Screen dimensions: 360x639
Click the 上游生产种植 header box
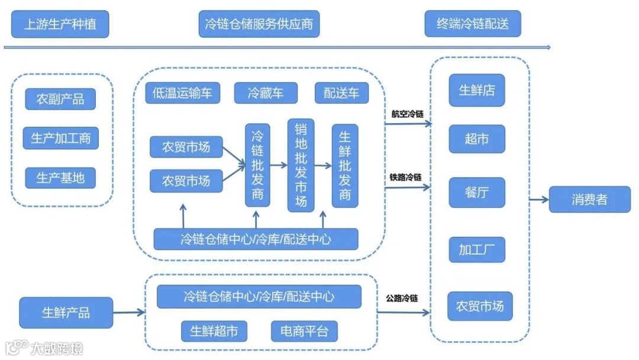(60, 24)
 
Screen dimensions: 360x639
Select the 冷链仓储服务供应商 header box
(259, 24)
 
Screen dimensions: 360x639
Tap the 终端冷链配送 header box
(472, 24)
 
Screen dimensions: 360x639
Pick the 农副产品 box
(60, 99)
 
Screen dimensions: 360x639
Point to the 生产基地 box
(60, 178)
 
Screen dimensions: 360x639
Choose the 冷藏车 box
(265, 92)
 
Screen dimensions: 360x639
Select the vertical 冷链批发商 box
(257, 165)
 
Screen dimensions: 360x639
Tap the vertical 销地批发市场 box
(301, 165)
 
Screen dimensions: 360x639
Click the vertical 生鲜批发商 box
(345, 165)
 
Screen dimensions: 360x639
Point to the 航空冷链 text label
(406, 114)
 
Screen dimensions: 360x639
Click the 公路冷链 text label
(402, 298)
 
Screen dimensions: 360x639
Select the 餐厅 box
(477, 192)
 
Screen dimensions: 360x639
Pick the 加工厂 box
(477, 249)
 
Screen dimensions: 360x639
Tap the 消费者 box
(589, 200)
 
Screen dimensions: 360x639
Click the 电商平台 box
(304, 331)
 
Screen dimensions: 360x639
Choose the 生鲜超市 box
(214, 331)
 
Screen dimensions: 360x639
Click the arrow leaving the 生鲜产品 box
(128, 313)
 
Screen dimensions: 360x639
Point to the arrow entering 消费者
(539, 200)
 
